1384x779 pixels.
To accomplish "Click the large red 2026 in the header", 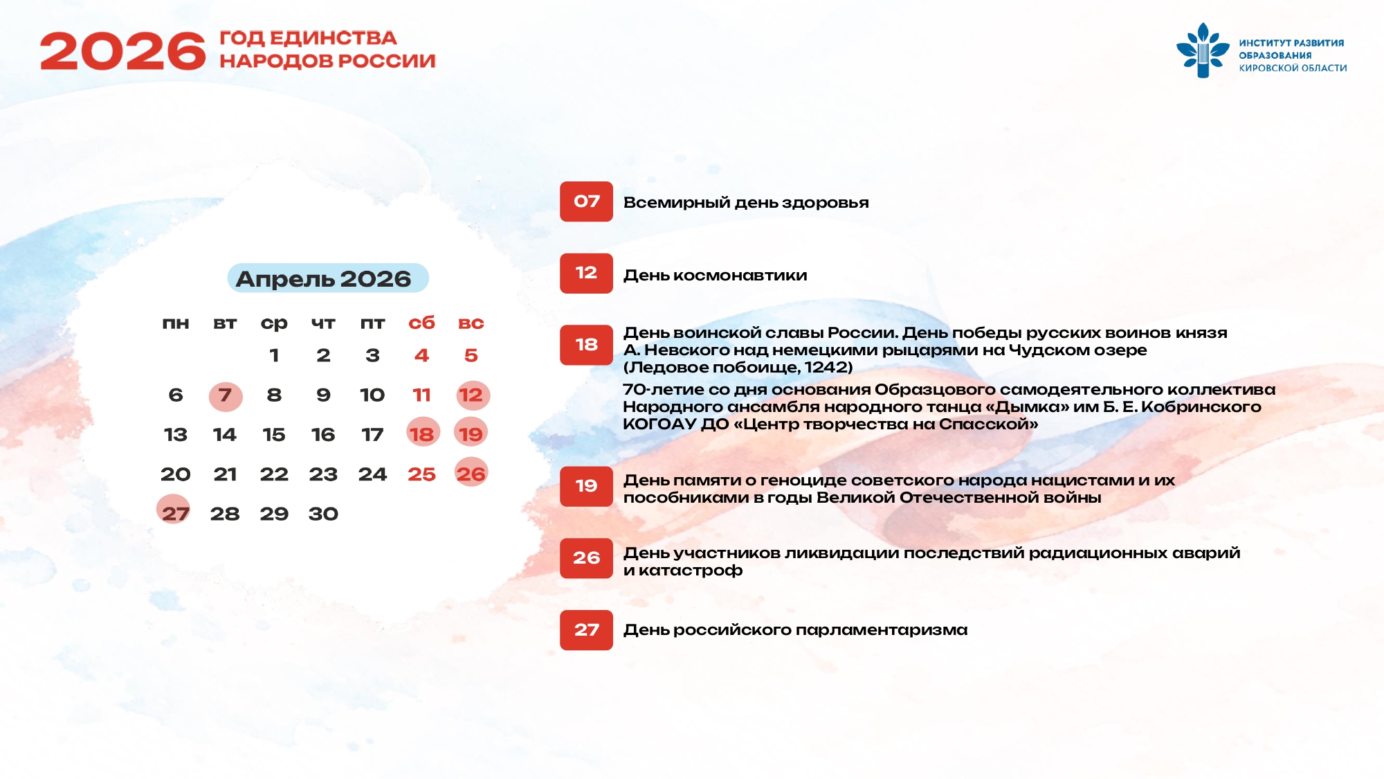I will coord(123,51).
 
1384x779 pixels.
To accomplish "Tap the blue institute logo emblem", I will coord(1203,51).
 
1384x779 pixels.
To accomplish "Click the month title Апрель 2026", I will coord(324,278).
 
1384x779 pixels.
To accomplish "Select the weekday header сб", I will coord(421,323).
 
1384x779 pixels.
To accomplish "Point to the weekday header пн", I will coord(176,323).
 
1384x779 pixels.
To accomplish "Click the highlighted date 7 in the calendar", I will coord(225,395).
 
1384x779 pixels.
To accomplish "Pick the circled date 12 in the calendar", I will coord(471,395).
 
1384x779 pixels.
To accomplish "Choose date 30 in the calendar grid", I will coord(323,514).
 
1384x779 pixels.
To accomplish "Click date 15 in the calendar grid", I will coord(274,435).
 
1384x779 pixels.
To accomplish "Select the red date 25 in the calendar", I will coord(421,474).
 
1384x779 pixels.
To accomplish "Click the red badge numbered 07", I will coord(586,202).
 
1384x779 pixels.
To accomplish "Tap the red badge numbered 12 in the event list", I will coord(586,273).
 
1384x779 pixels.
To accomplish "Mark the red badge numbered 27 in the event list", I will coord(586,630).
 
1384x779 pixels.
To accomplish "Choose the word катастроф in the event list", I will coord(691,571).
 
